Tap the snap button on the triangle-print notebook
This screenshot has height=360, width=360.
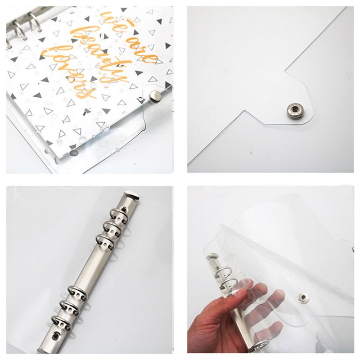pos(155,95)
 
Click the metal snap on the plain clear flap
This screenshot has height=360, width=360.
pos(295,109)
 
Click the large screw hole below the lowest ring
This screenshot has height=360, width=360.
pos(57,335)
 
